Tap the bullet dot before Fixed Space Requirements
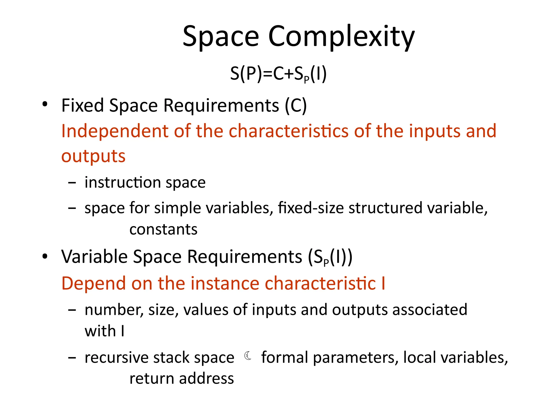pyautogui.click(x=45, y=104)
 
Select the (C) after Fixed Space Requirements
pyautogui.click(x=296, y=106)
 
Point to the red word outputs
pyautogui.click(x=93, y=156)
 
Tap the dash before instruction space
pyautogui.click(x=72, y=183)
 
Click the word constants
pyautogui.click(x=163, y=229)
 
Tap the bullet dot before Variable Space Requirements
pyautogui.click(x=45, y=257)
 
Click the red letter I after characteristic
pyautogui.click(x=383, y=283)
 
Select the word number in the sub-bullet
pyautogui.click(x=114, y=310)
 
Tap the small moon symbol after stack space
pyautogui.click(x=248, y=356)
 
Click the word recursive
pyautogui.click(x=116, y=357)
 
